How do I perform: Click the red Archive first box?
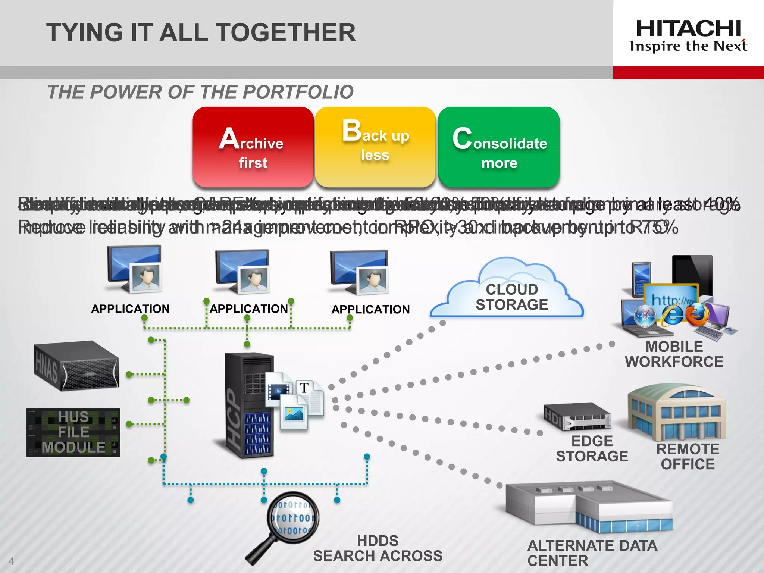point(253,147)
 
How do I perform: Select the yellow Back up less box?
point(375,147)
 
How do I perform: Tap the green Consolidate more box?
point(499,147)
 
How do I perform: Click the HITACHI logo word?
point(688,29)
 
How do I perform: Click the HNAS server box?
point(76,366)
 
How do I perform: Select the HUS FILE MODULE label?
point(73,432)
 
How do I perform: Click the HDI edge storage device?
point(576,416)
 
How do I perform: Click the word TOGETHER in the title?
point(286,32)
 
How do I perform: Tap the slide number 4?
point(11,561)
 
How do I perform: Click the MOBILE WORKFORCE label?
point(674,354)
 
